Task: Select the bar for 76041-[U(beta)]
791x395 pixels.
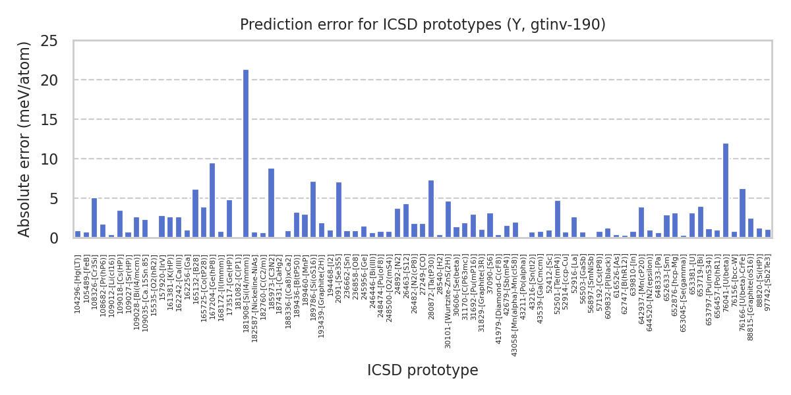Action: (726, 190)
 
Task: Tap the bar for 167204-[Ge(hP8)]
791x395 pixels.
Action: (212, 200)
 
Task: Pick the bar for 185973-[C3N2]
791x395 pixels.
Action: (271, 203)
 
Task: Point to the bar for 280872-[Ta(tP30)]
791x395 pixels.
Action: (431, 209)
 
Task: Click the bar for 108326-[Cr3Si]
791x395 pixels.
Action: (94, 218)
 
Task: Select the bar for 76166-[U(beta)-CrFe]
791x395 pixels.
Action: (742, 213)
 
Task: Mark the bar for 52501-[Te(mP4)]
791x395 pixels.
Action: (557, 219)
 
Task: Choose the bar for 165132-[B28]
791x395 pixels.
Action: (195, 213)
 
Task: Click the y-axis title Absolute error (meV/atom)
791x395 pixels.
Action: (25, 138)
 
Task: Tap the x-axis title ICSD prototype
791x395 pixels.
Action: (423, 371)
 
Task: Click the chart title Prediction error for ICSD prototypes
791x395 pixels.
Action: (423, 25)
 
